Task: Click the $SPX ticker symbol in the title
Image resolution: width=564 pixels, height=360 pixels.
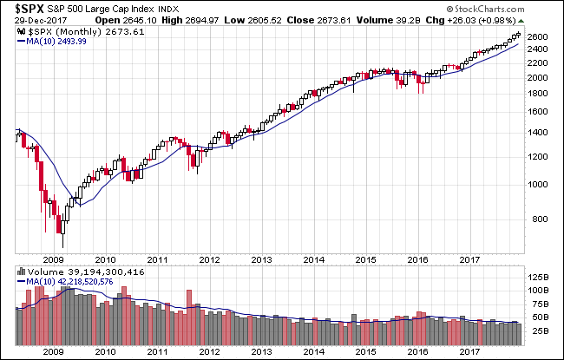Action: tap(30, 9)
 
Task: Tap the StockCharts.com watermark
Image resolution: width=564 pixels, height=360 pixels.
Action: tap(485, 9)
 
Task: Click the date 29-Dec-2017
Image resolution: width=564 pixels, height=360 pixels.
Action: tap(41, 21)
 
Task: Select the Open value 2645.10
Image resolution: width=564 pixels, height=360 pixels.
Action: tap(141, 20)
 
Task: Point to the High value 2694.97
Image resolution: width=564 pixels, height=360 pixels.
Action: tap(202, 20)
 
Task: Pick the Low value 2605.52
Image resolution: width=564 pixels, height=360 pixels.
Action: tap(265, 20)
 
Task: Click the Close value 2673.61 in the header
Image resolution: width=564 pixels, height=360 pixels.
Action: tap(334, 20)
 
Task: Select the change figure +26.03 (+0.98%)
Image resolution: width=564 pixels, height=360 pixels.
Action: tap(482, 20)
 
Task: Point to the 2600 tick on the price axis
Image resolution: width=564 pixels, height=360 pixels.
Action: tap(537, 37)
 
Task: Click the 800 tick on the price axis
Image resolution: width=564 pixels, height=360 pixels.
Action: tap(540, 219)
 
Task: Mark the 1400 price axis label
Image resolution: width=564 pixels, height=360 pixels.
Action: tap(537, 133)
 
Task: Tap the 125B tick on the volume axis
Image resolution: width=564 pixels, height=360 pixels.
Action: tap(539, 278)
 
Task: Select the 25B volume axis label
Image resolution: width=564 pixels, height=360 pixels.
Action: tap(541, 331)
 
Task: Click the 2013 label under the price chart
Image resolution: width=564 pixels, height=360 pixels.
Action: tap(261, 259)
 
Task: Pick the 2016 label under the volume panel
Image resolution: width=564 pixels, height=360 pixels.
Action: tap(418, 351)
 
